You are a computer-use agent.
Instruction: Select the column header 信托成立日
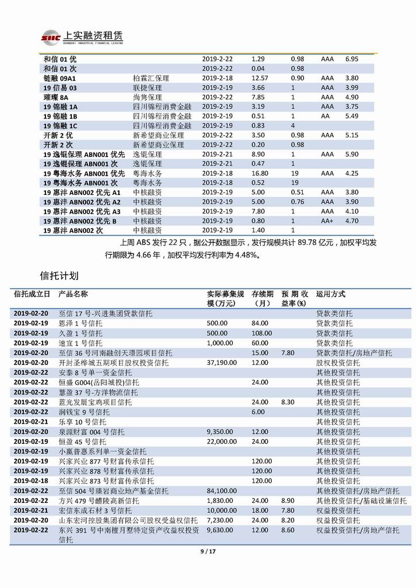pyautogui.click(x=32, y=294)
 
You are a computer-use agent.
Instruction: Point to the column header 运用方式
pyautogui.click(x=330, y=294)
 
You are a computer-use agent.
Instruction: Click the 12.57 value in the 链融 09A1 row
pyautogui.click(x=260, y=78)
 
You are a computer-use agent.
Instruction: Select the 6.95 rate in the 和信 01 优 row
pyautogui.click(x=352, y=59)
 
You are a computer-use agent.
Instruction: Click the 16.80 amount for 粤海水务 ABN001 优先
pyautogui.click(x=260, y=173)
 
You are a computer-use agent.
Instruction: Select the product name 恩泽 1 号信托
pyautogui.click(x=79, y=324)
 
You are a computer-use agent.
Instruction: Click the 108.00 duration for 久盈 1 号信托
pyautogui.click(x=261, y=333)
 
